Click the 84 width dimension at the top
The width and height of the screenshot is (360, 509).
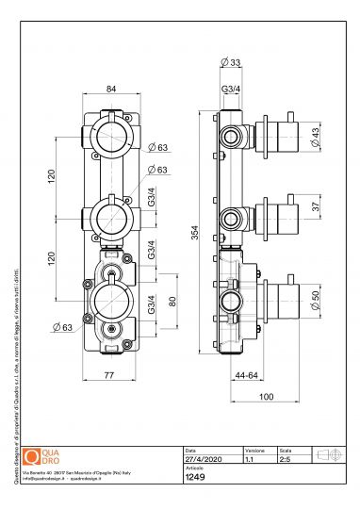pyautogui.click(x=111, y=90)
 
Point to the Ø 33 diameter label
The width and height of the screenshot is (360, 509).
pyautogui.click(x=232, y=64)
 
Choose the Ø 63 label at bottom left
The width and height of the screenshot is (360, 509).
pyautogui.click(x=62, y=327)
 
